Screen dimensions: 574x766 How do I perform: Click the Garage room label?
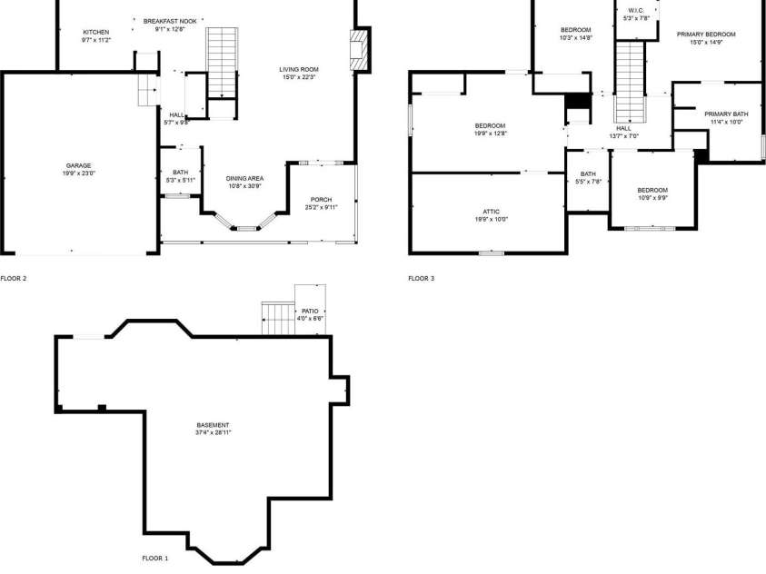78,166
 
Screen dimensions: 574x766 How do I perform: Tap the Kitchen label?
95,32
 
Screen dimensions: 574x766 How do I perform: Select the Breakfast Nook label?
169,20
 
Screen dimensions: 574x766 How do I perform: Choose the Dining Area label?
244,179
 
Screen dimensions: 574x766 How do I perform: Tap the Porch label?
321,200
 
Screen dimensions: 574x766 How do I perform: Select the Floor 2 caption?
14,278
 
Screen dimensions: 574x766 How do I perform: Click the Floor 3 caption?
421,278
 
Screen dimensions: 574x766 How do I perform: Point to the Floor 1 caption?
154,558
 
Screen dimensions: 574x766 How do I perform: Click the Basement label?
214,425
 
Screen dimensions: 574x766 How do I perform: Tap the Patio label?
310,311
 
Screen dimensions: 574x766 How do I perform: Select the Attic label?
491,212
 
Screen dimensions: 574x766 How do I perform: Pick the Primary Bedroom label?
705,34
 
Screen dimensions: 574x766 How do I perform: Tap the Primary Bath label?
726,114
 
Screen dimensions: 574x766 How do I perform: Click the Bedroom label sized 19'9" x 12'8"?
491,125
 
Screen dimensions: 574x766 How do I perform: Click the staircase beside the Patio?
277,318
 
